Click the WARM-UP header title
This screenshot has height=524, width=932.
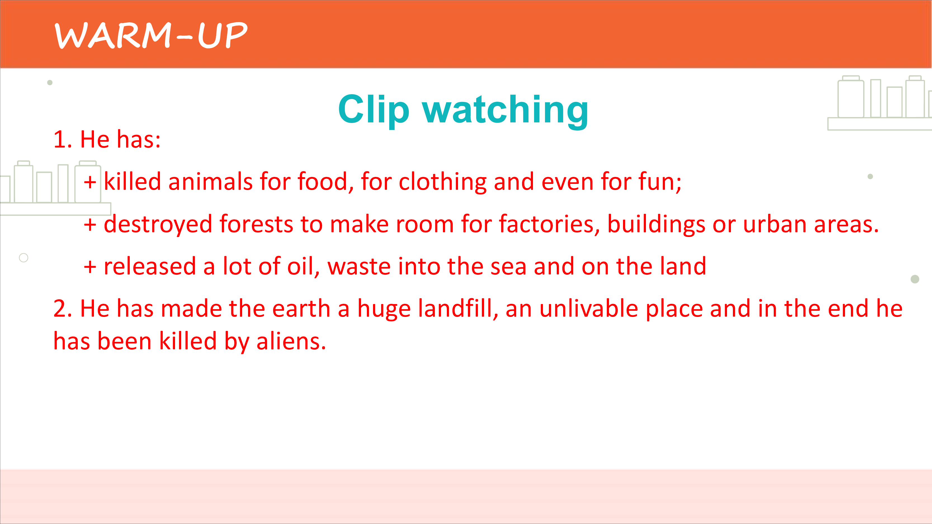click(x=151, y=35)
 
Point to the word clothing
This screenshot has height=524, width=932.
click(x=442, y=182)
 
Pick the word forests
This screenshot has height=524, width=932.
click(x=256, y=224)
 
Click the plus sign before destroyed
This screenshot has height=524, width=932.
click(x=90, y=225)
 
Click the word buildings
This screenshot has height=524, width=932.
click(x=656, y=224)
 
